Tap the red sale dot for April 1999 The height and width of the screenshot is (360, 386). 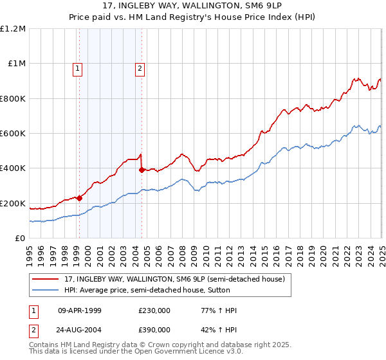pyautogui.click(x=80, y=198)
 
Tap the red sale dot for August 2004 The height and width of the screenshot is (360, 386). pyautogui.click(x=142, y=170)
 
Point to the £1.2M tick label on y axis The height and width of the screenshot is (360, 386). pyautogui.click(x=13, y=29)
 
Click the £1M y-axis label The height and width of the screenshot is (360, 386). pyautogui.click(x=15, y=64)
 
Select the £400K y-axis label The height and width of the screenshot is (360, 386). pyautogui.click(x=13, y=168)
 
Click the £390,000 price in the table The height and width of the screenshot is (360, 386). pyautogui.click(x=154, y=329)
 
